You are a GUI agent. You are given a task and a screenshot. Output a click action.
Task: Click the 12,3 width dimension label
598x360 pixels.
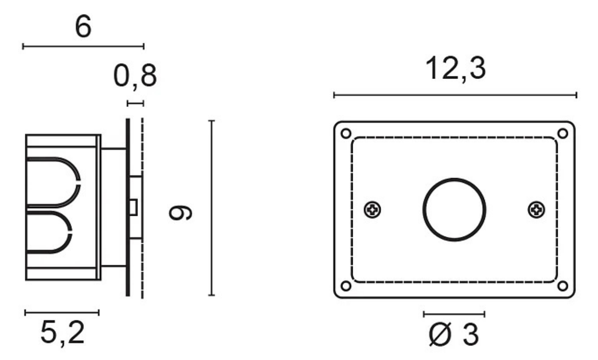[455, 69]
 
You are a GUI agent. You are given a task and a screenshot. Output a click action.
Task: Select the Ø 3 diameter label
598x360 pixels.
[453, 335]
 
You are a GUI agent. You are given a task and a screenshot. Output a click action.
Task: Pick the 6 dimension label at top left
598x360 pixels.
[83, 27]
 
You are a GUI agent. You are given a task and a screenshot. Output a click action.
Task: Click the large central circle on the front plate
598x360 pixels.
[454, 209]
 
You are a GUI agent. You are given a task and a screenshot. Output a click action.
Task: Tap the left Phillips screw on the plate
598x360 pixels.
[372, 209]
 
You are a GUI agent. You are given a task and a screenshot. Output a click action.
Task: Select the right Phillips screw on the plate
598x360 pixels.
[536, 209]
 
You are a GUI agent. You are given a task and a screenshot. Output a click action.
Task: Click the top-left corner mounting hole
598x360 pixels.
[346, 134]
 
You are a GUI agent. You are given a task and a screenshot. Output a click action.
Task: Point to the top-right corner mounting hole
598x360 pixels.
[562, 134]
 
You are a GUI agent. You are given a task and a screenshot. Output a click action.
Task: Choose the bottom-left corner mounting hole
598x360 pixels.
[346, 286]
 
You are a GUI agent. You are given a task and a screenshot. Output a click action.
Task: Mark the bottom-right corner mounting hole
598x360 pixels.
[562, 286]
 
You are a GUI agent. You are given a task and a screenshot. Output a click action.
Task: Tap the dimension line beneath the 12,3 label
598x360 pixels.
[455, 95]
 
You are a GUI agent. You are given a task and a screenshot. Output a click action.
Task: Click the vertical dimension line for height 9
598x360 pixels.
[211, 208]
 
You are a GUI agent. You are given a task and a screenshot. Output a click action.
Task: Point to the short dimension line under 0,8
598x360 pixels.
[135, 103]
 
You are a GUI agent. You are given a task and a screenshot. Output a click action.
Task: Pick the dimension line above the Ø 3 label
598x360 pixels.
[454, 314]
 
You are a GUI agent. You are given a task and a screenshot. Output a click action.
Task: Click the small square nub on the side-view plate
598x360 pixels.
[134, 207]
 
